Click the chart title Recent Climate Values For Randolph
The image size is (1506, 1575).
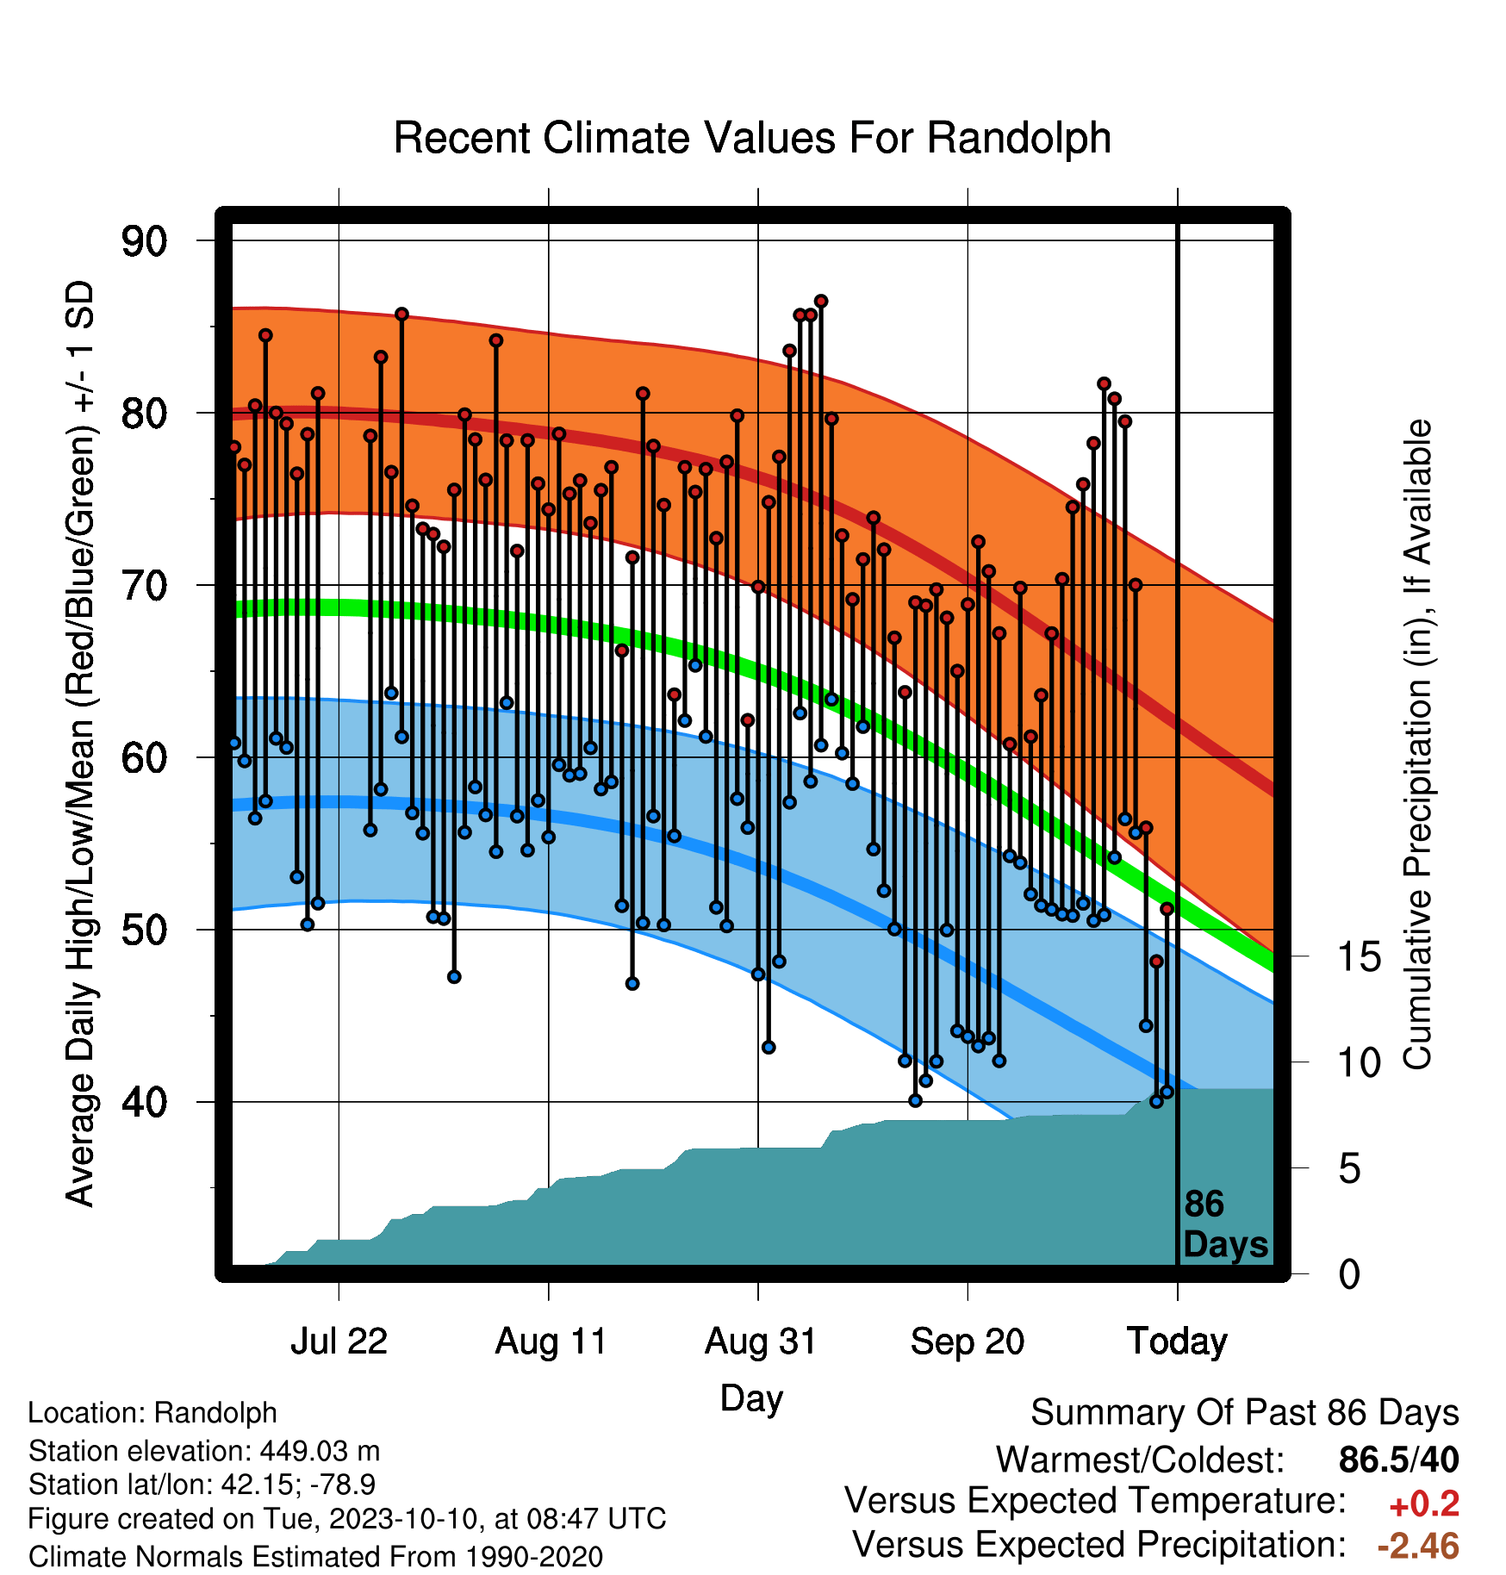tap(752, 138)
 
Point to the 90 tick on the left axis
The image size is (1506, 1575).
tap(144, 241)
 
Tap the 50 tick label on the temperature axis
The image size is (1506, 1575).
tap(144, 931)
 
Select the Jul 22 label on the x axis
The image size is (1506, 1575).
tap(339, 1342)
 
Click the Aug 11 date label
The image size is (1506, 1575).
tap(551, 1342)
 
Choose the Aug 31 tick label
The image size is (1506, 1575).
tap(760, 1342)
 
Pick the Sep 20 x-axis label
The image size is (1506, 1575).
tap(968, 1342)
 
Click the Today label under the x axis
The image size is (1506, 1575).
tap(1177, 1342)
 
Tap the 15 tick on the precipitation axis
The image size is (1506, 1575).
tap(1360, 957)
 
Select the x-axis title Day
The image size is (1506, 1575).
tap(751, 1399)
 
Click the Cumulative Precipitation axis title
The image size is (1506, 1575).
tap(1417, 744)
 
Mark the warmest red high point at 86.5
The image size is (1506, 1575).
tap(821, 301)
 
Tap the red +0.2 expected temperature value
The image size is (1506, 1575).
tap(1424, 1504)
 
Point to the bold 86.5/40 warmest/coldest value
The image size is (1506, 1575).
tap(1399, 1460)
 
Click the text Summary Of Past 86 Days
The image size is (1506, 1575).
tap(1245, 1413)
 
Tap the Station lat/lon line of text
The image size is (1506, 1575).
tap(202, 1485)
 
